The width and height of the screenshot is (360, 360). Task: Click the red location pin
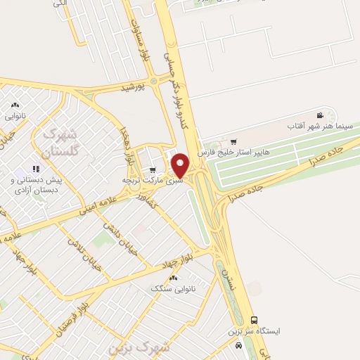click(x=181, y=166)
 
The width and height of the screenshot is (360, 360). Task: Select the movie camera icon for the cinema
click(x=320, y=115)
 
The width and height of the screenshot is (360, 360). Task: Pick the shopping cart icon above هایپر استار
click(x=233, y=141)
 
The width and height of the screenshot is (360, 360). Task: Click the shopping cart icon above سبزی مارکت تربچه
click(x=153, y=170)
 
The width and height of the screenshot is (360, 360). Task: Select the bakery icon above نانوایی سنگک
click(x=173, y=278)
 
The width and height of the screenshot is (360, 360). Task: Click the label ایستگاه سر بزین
click(x=254, y=330)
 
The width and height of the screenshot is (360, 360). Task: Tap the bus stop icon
click(x=254, y=320)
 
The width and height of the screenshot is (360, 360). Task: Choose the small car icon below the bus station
click(x=240, y=345)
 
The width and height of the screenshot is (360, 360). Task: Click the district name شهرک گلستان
click(x=63, y=141)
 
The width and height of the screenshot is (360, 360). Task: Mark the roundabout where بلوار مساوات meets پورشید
click(x=153, y=81)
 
